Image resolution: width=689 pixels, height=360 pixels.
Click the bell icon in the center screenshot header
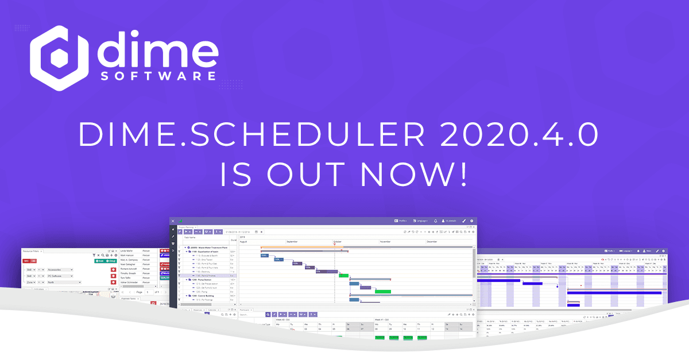435,220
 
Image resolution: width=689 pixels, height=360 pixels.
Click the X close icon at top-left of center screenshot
173,221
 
